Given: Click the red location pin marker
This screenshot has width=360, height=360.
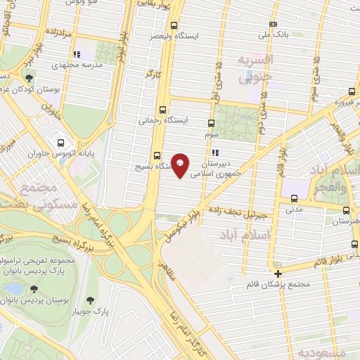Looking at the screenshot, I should [181, 166].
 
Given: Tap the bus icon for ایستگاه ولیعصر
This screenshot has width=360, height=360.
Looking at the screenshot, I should [164, 22].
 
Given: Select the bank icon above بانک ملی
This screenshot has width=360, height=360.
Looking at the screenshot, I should [274, 25].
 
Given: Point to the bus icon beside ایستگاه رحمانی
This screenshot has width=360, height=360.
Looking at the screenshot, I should [163, 110].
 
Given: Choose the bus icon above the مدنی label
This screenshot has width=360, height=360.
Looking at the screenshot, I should [293, 198].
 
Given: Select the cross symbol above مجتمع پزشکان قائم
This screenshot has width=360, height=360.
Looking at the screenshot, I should [278, 274].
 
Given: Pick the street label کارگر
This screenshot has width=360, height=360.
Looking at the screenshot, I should [150, 72].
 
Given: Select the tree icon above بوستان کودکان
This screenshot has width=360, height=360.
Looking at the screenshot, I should [29, 79].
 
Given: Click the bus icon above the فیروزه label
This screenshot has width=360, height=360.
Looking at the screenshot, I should [351, 91].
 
